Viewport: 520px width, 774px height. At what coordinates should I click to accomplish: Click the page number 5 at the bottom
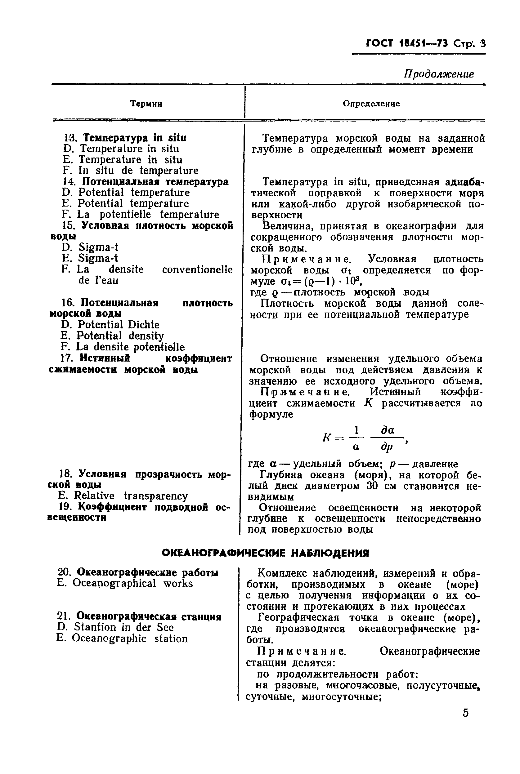pos(465,712)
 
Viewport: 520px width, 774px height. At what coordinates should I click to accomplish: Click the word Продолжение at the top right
pos(438,74)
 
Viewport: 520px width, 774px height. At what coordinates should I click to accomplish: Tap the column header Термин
pos(146,104)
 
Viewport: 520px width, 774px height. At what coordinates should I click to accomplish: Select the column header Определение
pos(371,104)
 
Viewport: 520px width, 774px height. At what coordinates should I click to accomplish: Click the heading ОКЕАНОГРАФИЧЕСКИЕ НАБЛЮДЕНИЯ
pos(265,553)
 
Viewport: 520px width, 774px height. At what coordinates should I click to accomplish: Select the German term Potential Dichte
pos(119,325)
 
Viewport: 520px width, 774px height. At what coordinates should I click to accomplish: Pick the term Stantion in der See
pos(123,627)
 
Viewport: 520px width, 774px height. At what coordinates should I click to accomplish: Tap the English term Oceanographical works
pos(132,583)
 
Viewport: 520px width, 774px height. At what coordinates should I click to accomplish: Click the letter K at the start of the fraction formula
pos(327,438)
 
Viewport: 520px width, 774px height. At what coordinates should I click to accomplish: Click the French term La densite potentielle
pos(130,347)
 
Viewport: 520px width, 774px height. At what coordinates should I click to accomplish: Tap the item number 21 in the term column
pos(64,616)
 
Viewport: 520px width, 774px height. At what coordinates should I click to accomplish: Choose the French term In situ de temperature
pos(138,170)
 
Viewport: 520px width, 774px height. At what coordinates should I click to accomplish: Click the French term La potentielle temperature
pos(148,215)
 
